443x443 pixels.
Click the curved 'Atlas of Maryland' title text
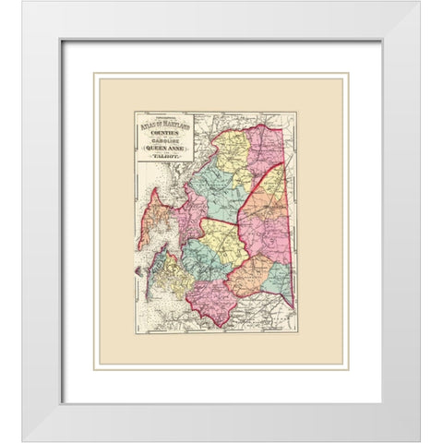coord(164,126)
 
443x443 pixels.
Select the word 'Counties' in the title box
coord(164,135)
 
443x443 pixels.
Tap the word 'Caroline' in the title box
coord(164,143)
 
